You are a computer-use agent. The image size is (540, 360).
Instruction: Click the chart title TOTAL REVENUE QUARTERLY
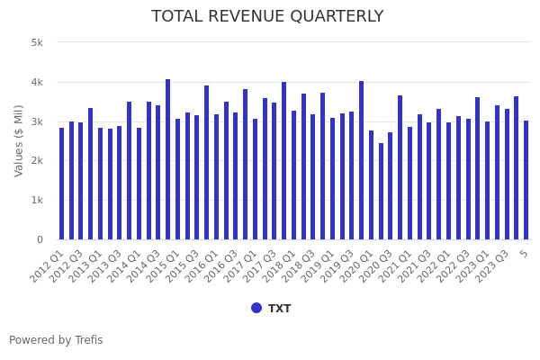[267, 16]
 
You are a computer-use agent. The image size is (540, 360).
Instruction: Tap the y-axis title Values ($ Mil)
[19, 139]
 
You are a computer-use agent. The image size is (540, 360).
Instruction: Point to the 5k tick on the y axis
[37, 42]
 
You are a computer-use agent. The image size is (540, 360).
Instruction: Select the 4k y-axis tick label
[37, 82]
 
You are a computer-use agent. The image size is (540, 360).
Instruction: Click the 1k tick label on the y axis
[37, 200]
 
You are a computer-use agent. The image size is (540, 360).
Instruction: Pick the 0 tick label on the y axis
[40, 239]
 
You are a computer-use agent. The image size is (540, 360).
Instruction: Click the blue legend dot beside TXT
[256, 308]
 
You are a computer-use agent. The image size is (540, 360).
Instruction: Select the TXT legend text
[279, 309]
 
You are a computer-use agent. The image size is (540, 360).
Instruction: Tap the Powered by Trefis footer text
[56, 340]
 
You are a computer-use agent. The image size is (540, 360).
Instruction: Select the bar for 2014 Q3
[158, 172]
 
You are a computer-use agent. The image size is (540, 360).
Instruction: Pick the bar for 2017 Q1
[255, 179]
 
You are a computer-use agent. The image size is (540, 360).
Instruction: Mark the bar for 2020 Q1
[371, 184]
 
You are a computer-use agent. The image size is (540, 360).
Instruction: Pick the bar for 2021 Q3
[429, 181]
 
